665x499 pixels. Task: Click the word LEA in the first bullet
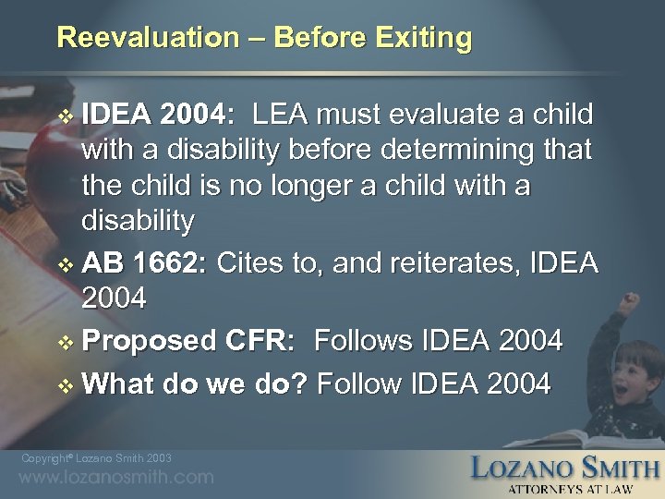tap(284, 115)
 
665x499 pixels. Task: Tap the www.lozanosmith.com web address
tap(116, 478)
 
